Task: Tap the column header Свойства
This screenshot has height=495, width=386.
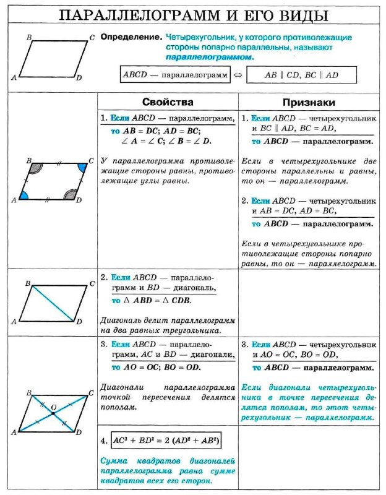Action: (168, 101)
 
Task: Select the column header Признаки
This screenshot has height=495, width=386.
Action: (309, 101)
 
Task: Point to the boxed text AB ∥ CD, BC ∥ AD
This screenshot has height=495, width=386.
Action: (293, 74)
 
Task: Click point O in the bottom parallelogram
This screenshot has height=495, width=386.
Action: (53, 412)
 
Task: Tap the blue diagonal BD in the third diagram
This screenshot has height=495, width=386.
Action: (53, 303)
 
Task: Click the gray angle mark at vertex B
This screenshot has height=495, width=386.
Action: (36, 168)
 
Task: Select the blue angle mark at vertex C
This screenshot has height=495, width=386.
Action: (81, 168)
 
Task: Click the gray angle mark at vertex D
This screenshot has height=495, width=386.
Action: (69, 195)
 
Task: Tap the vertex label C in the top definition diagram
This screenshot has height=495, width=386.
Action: (92, 38)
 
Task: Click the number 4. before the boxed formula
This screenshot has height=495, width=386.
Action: (105, 441)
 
